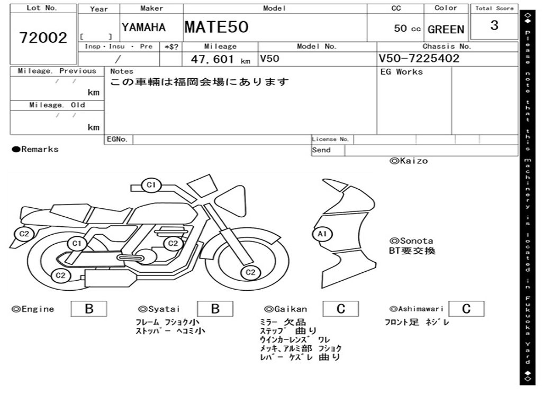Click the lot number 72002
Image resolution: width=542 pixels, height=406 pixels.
[x=43, y=38]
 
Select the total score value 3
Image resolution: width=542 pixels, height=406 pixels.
[x=494, y=25]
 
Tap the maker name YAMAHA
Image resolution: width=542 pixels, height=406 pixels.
[x=143, y=27]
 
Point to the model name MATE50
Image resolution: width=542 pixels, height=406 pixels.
[x=216, y=27]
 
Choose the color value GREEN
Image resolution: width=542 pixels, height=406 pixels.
[x=446, y=30]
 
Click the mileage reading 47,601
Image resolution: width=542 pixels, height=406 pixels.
[x=213, y=59]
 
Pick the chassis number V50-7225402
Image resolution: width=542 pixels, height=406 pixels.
[x=419, y=58]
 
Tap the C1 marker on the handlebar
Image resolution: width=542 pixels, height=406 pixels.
[x=151, y=185]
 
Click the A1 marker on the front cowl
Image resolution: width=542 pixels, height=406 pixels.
[x=322, y=234]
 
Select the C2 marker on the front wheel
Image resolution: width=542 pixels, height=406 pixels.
[x=250, y=272]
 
